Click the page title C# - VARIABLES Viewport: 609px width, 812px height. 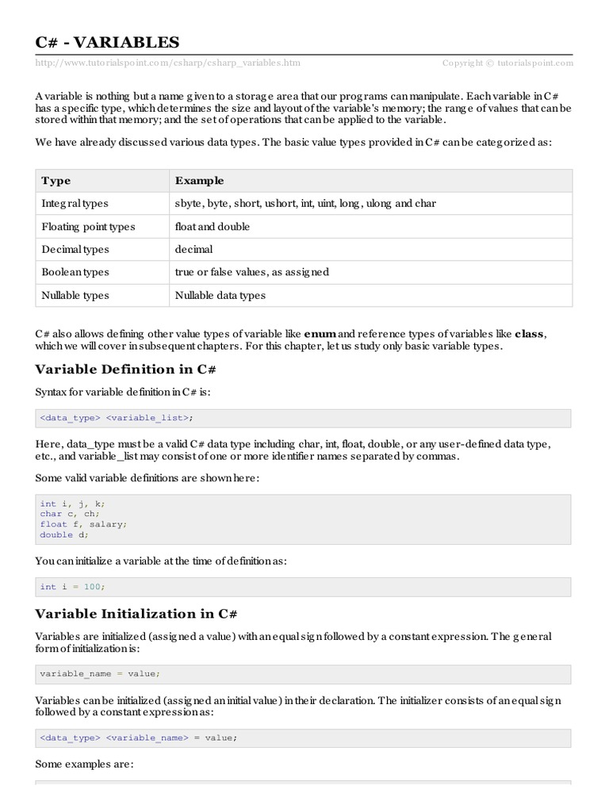point(108,41)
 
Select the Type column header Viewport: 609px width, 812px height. point(56,181)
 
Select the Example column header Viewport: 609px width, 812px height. point(199,181)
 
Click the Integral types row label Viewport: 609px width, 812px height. point(75,204)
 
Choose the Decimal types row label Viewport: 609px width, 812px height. point(75,249)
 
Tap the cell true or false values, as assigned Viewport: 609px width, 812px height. point(251,272)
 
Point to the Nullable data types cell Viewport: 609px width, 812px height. point(220,295)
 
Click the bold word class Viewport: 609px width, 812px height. point(530,334)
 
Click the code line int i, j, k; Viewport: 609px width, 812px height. point(72,504)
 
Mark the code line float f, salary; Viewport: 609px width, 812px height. point(83,524)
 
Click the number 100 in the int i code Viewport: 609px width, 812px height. point(92,587)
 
